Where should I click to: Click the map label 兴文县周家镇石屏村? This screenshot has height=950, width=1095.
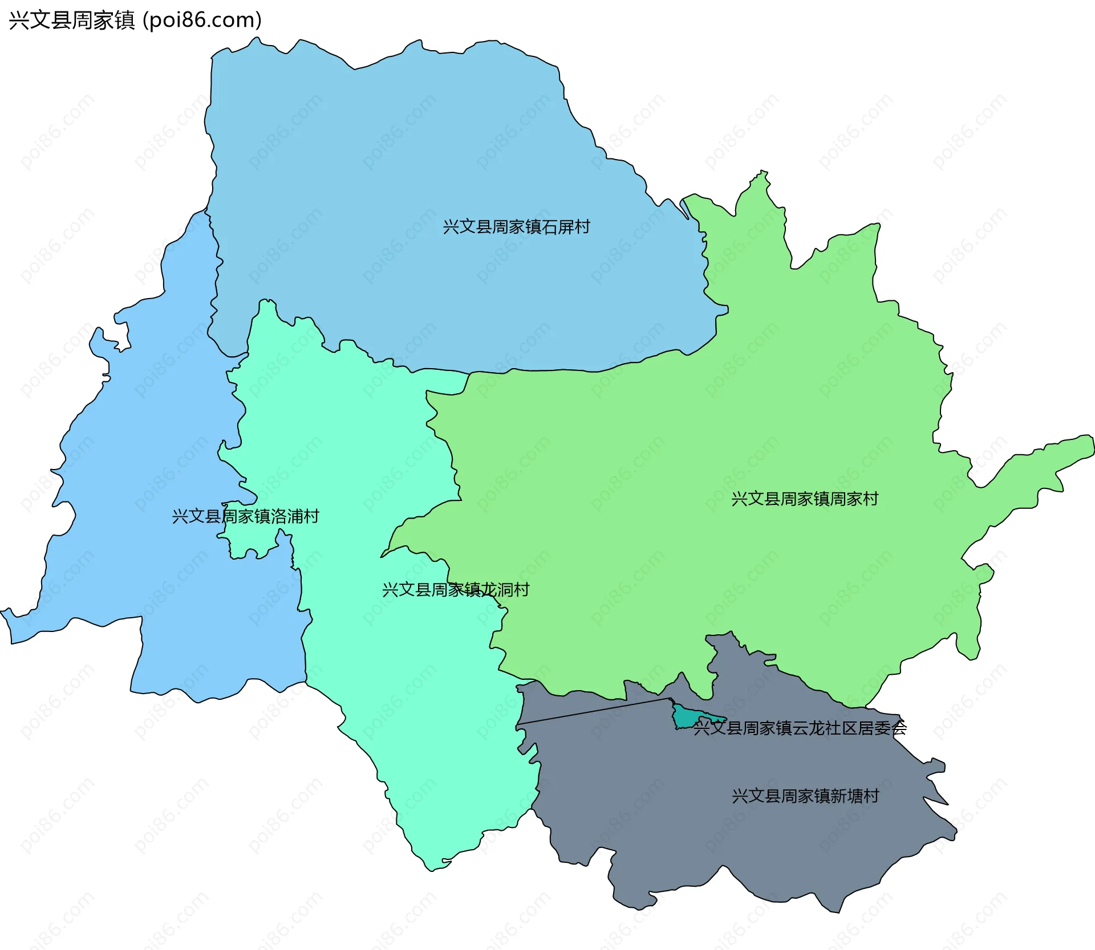(516, 227)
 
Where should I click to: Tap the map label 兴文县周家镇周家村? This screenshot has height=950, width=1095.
(805, 499)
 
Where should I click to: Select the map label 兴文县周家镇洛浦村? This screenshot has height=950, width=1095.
(245, 516)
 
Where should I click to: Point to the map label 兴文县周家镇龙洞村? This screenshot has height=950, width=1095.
(456, 589)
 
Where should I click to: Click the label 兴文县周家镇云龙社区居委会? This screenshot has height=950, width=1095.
(800, 728)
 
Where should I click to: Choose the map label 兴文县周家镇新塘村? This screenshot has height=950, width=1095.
(805, 796)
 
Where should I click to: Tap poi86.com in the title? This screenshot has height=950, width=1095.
(202, 20)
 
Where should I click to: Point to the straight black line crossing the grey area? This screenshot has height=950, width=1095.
(593, 711)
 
